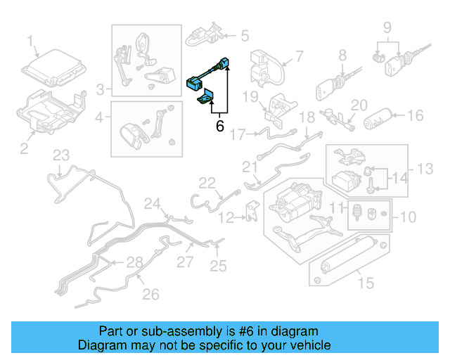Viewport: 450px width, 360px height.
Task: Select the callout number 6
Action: (x=219, y=127)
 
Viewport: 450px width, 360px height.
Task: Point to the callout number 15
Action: (x=364, y=283)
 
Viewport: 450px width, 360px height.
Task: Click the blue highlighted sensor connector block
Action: (x=194, y=82)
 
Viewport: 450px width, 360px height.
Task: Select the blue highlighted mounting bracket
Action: (x=207, y=99)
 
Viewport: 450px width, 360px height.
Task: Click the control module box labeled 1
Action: (x=53, y=69)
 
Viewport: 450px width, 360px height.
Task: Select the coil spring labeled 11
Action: (x=357, y=212)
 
